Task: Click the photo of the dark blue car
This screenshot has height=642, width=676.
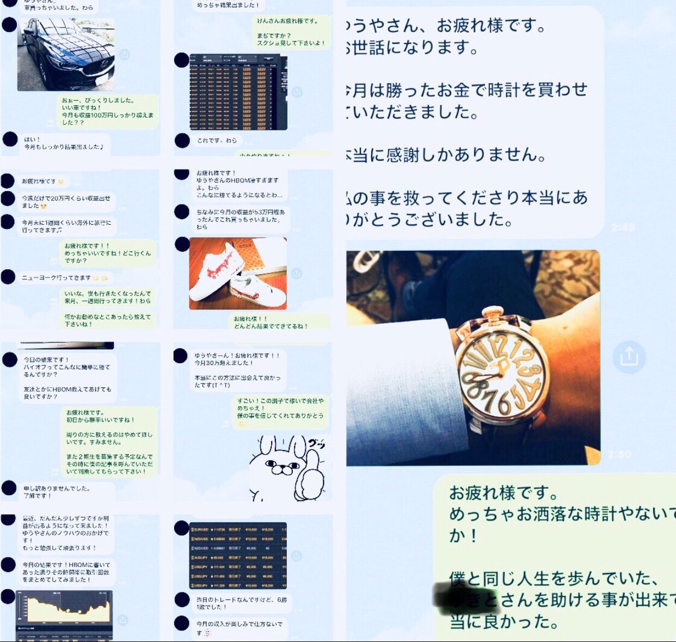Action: pyautogui.click(x=66, y=55)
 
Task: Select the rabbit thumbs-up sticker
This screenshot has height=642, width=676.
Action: pyautogui.click(x=287, y=467)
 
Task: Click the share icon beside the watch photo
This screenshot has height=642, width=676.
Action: pyautogui.click(x=629, y=356)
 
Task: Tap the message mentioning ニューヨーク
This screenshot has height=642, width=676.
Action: pyautogui.click(x=56, y=278)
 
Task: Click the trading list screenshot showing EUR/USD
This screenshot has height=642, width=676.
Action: pyautogui.click(x=238, y=555)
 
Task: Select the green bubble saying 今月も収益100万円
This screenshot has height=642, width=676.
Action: pyautogui.click(x=107, y=111)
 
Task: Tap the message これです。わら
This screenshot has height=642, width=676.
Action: pyautogui.click(x=217, y=141)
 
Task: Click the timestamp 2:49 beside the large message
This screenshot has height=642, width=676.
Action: pyautogui.click(x=623, y=228)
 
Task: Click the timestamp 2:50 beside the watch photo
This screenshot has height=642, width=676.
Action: pyautogui.click(x=619, y=454)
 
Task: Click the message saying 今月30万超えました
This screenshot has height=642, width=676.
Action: pyautogui.click(x=237, y=370)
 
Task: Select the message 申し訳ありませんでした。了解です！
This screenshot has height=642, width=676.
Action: pyautogui.click(x=56, y=492)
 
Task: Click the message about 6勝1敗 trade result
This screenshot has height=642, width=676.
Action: pyautogui.click(x=242, y=603)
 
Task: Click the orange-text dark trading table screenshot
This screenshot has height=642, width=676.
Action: pyautogui.click(x=238, y=92)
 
